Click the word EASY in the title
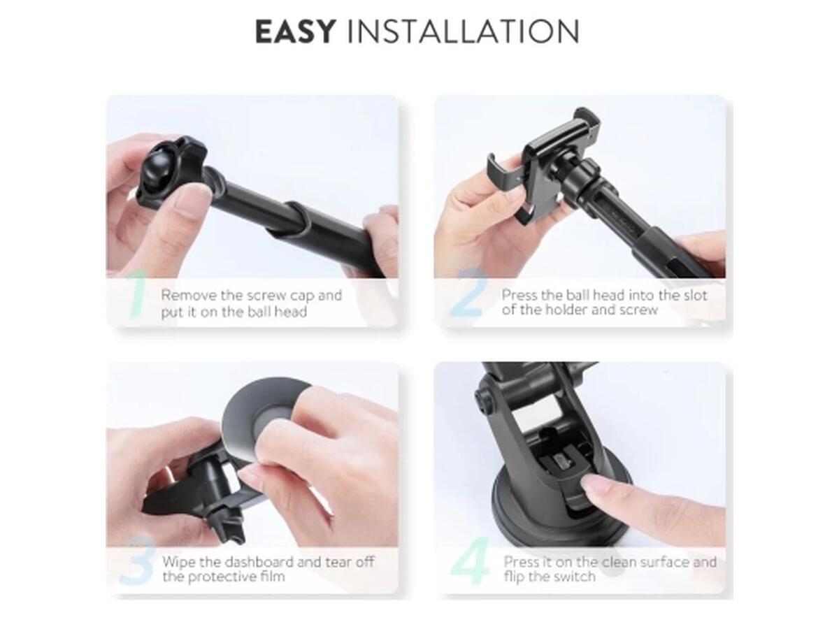[295, 31]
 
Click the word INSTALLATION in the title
[463, 31]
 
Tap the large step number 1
[138, 294]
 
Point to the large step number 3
[137, 561]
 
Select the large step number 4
[470, 561]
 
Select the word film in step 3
[272, 577]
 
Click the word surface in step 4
[666, 562]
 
